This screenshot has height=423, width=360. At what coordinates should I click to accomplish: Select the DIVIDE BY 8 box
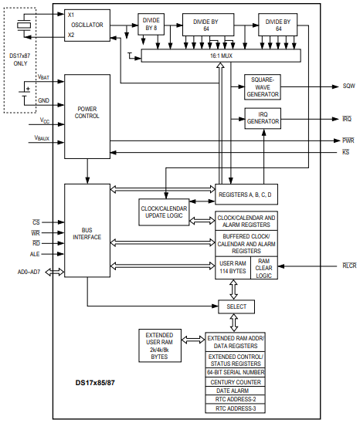(151, 25)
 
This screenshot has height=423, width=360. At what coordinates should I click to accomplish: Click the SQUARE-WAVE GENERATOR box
(263, 86)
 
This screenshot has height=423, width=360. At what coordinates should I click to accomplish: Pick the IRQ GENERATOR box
(263, 118)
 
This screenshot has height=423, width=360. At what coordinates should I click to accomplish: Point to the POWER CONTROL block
(87, 116)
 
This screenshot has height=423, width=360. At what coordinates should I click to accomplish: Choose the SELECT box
(236, 306)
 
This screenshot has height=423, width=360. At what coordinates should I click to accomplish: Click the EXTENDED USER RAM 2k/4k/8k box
(159, 345)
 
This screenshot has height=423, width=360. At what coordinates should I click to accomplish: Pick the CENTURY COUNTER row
(236, 382)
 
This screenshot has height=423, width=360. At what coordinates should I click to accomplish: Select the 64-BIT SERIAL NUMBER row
(236, 372)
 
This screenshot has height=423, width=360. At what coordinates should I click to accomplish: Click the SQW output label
(348, 86)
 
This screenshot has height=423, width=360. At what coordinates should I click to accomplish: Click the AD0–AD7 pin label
(29, 272)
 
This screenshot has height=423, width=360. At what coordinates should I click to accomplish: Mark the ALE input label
(36, 253)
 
